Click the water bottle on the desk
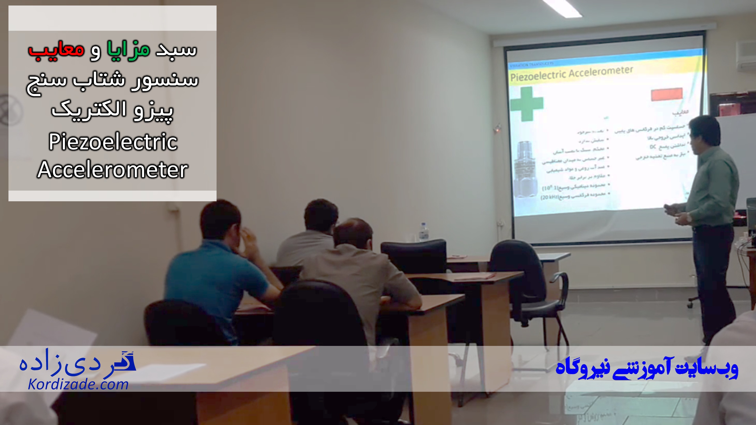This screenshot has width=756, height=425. (423, 232)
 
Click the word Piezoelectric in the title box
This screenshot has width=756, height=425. (113, 142)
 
